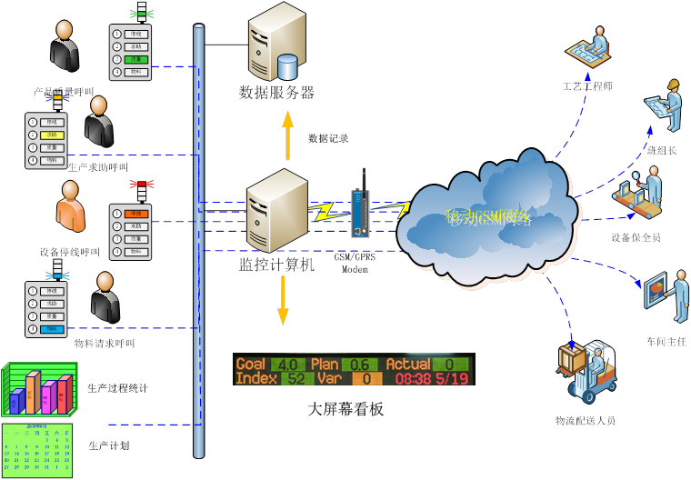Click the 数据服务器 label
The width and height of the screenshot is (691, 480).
click(x=276, y=92)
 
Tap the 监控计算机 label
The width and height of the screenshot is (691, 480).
click(x=276, y=265)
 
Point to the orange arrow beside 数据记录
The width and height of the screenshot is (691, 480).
click(x=288, y=134)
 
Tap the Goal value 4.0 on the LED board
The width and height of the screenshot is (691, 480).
click(x=287, y=365)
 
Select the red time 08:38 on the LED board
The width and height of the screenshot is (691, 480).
click(x=414, y=378)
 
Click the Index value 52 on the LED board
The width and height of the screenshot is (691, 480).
click(x=295, y=378)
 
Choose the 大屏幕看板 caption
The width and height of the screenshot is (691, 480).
click(x=346, y=409)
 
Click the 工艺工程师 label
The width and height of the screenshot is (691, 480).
click(x=587, y=86)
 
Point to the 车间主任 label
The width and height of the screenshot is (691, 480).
click(x=666, y=341)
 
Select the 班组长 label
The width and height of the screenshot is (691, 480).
click(x=661, y=150)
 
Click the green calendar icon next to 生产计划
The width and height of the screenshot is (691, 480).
click(x=36, y=449)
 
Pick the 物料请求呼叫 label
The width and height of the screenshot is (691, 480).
click(x=104, y=344)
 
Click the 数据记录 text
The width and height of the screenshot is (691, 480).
click(x=328, y=138)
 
